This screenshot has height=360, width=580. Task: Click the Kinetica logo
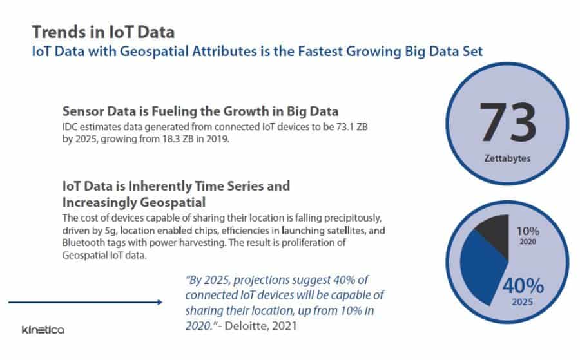[x=43, y=330]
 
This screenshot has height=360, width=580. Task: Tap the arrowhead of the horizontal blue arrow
[x=158, y=301]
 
